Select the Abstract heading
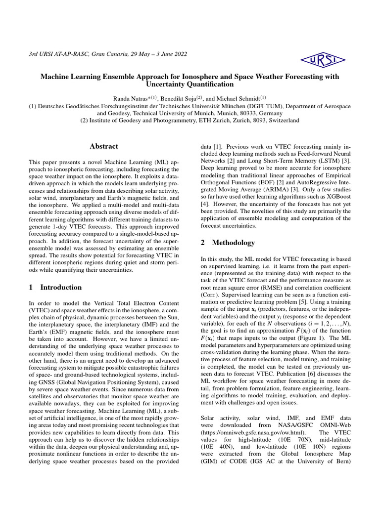[x=103, y=146]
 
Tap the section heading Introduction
[x=61, y=287]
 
